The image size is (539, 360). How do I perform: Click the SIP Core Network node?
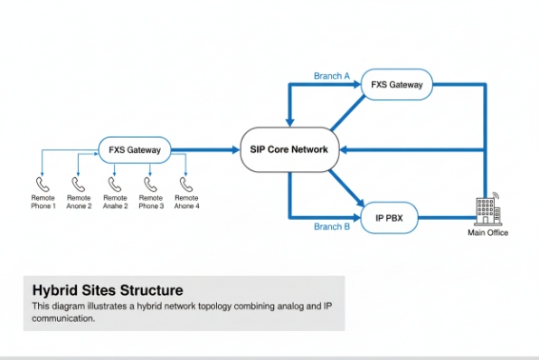pos(288,149)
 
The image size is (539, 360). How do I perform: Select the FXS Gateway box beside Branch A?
pos(397,86)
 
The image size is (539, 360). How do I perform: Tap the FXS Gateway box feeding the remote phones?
pos(135,149)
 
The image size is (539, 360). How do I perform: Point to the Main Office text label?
pos(487,233)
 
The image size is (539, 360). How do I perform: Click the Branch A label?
pos(331,76)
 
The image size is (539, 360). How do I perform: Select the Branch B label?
pos(331,227)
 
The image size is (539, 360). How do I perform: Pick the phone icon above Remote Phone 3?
pos(150,183)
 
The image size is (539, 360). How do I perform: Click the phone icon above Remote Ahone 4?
pos(186,183)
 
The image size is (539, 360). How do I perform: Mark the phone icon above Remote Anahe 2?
pos(115,183)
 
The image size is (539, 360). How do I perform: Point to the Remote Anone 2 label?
pos(79,202)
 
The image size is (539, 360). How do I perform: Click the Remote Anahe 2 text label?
pos(115,202)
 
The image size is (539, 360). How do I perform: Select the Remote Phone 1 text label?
pos(43,202)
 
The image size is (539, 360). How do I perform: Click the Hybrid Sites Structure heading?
pos(108,290)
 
